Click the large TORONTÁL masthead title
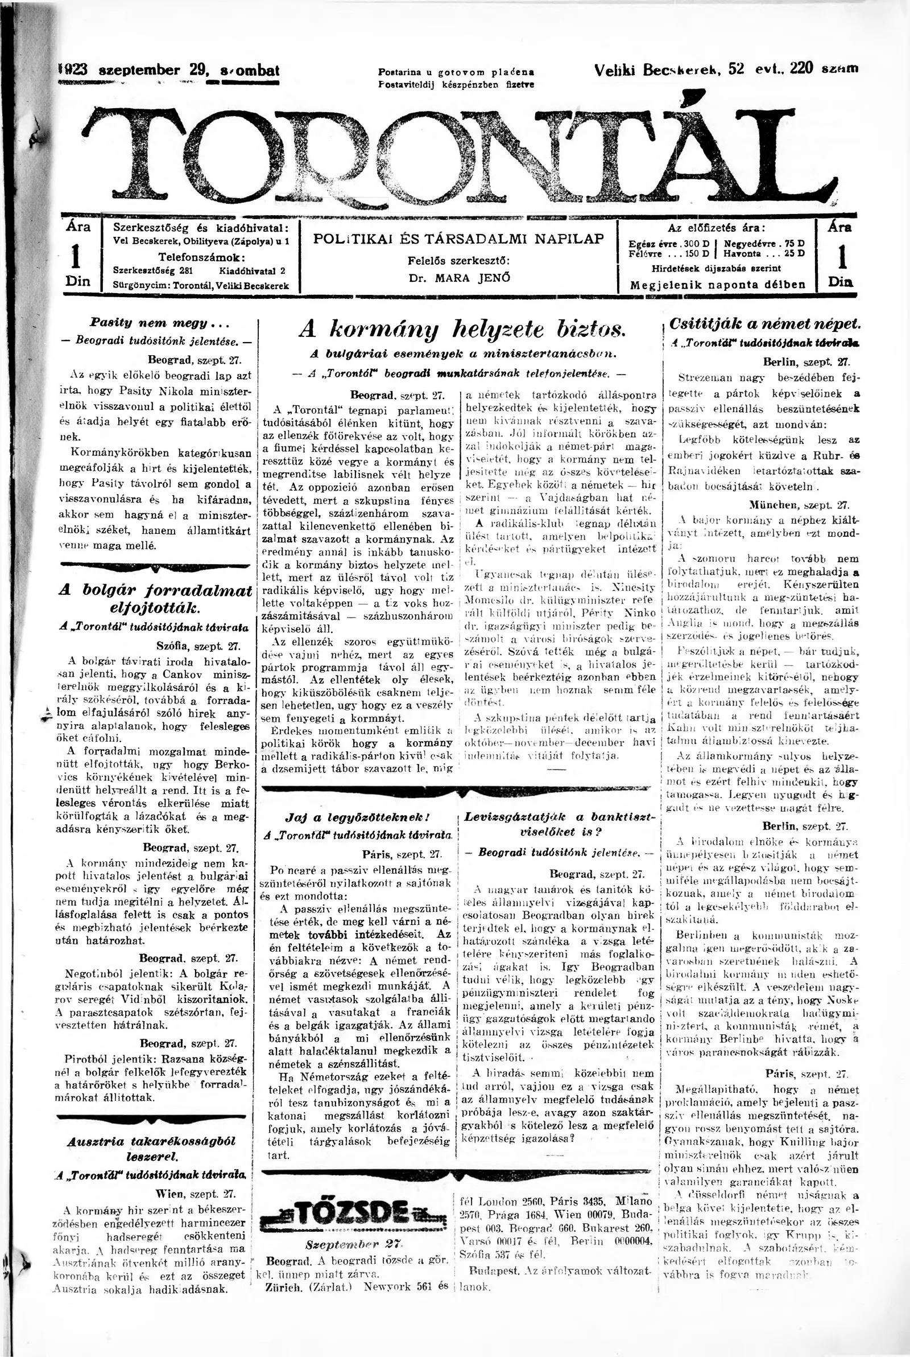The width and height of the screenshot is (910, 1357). point(458,154)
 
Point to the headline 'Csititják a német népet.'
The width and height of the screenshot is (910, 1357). point(764,324)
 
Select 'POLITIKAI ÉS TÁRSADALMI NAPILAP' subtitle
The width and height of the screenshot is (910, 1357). point(458,238)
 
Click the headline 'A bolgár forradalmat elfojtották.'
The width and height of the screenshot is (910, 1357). point(156,598)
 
